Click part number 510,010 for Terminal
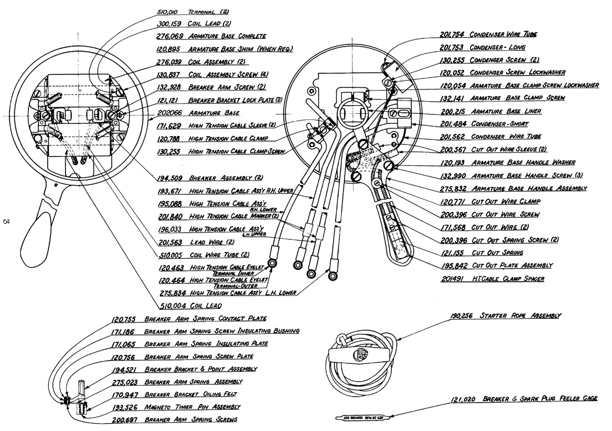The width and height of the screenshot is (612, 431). pos(171,11)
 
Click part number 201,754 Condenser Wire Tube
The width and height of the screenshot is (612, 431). pos(452,34)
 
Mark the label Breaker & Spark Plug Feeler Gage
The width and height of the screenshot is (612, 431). pos(540,399)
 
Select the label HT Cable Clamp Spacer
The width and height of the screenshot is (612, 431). pos(507,278)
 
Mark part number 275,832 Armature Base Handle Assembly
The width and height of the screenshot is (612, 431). pos(452,188)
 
